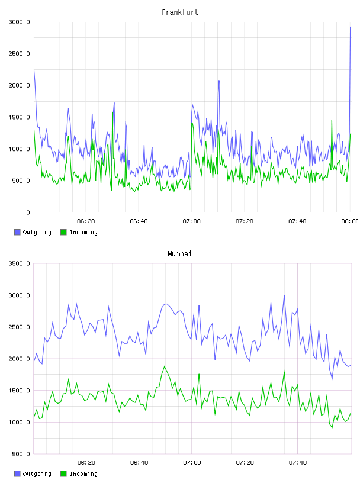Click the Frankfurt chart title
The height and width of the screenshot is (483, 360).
click(180, 12)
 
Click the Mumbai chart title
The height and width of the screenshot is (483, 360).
click(179, 253)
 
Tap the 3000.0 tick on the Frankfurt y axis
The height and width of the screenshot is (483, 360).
click(19, 22)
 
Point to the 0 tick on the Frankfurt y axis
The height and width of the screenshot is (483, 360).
click(28, 212)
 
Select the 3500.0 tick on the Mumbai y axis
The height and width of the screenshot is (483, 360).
click(19, 263)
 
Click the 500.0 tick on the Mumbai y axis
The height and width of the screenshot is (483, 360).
click(21, 454)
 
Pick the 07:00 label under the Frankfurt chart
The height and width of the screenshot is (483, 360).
click(191, 221)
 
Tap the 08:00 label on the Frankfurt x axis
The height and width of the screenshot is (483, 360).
click(350, 221)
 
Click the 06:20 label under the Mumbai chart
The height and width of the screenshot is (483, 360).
click(86, 462)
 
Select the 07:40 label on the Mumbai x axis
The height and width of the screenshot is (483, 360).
click(297, 462)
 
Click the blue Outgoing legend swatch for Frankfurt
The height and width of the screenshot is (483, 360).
click(17, 232)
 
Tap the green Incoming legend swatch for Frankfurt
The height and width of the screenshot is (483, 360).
click(63, 232)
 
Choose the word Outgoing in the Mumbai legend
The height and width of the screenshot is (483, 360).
click(37, 474)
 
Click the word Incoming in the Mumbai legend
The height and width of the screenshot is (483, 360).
click(83, 474)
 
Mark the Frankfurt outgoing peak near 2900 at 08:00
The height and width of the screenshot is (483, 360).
click(351, 27)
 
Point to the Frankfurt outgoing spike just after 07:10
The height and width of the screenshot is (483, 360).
click(219, 81)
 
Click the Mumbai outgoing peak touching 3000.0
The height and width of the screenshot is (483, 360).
click(284, 295)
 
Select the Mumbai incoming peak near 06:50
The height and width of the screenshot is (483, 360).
click(165, 366)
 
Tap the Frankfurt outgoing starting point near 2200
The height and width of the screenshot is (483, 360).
click(34, 71)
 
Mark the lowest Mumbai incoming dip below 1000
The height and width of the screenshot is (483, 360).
click(332, 427)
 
